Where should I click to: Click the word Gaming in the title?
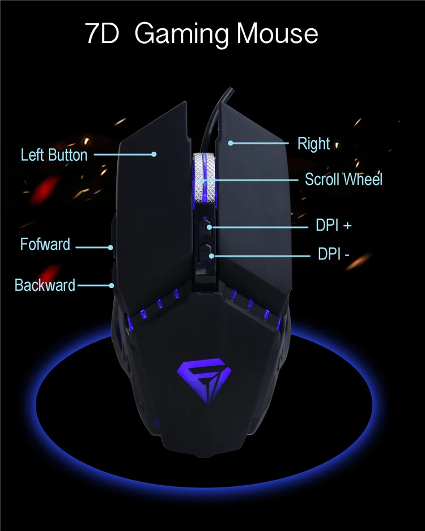point(182,34)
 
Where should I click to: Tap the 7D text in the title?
point(102,34)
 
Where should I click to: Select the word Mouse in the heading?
point(277,34)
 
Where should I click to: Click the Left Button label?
point(54,155)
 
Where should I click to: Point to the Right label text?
point(313,144)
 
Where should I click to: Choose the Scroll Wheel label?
point(343,179)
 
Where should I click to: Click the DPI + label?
point(333,225)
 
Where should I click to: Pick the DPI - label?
point(333,255)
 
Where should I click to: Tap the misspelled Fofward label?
point(45,245)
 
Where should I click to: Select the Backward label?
point(45,285)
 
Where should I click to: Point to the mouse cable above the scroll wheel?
point(212,122)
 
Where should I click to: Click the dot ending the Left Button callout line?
point(154,153)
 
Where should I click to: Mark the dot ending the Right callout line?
point(231,143)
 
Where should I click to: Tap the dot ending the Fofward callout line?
point(112,247)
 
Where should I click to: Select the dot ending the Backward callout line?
point(114,285)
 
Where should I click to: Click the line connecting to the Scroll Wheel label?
point(255,180)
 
